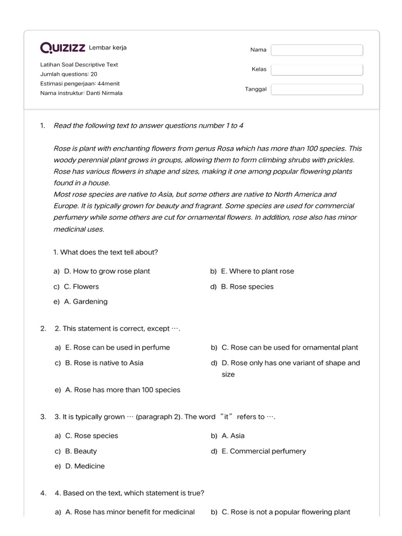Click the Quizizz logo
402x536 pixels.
[63, 48]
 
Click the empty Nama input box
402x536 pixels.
[317, 50]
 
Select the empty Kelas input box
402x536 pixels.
[317, 70]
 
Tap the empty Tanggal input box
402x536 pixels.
[317, 89]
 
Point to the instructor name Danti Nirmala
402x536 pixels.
[104, 93]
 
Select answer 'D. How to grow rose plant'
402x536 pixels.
[107, 271]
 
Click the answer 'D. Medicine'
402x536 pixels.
[84, 466]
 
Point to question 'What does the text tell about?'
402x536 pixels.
[106, 252]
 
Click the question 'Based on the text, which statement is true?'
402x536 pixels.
[129, 493]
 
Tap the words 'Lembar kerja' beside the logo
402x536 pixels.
[108, 48]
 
